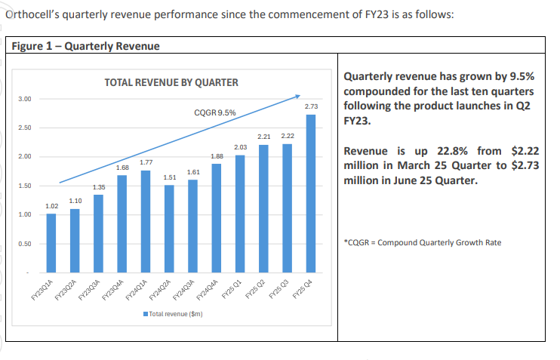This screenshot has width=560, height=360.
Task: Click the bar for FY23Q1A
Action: (x=51, y=243)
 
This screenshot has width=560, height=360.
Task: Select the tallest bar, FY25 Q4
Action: (x=310, y=193)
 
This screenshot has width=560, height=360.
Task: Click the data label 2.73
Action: (x=310, y=106)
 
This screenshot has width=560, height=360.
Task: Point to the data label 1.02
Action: (x=51, y=205)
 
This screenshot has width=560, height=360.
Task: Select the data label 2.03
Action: (x=240, y=146)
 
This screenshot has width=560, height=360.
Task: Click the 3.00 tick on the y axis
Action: (x=25, y=99)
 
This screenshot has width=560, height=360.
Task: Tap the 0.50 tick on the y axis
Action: (x=25, y=244)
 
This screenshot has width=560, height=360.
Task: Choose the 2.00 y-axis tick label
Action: (x=25, y=157)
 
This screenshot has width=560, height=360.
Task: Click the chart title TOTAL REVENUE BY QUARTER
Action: (x=171, y=82)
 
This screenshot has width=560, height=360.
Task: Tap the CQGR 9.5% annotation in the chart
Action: (x=215, y=113)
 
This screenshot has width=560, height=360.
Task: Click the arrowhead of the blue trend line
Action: (x=299, y=96)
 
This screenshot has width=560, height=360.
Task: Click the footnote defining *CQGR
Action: (x=422, y=242)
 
